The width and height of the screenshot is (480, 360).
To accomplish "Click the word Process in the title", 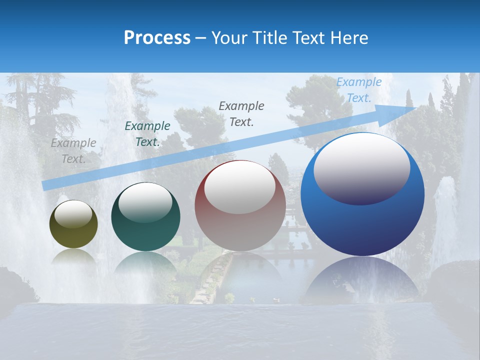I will coord(157,38).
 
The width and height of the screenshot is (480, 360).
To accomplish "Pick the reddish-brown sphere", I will coord(240,225).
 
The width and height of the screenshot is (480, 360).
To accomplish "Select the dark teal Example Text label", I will coord(147,134).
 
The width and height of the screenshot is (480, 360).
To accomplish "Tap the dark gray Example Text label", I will coord(241,113).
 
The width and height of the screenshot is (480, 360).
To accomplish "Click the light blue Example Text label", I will coord(359,90).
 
